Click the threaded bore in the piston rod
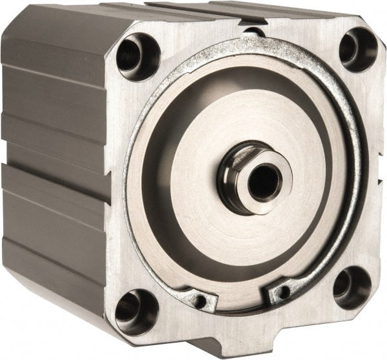click(263, 181)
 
